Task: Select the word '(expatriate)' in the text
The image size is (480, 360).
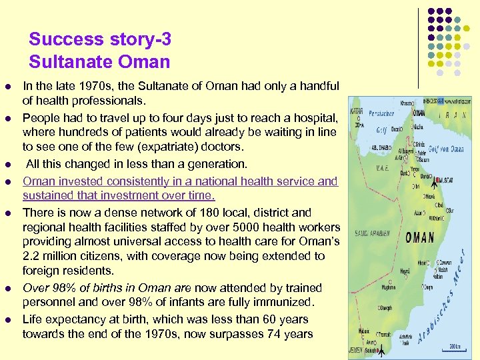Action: click(x=151, y=147)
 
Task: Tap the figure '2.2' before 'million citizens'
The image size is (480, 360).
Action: click(x=32, y=256)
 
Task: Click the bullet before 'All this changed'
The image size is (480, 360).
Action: click(x=8, y=164)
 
